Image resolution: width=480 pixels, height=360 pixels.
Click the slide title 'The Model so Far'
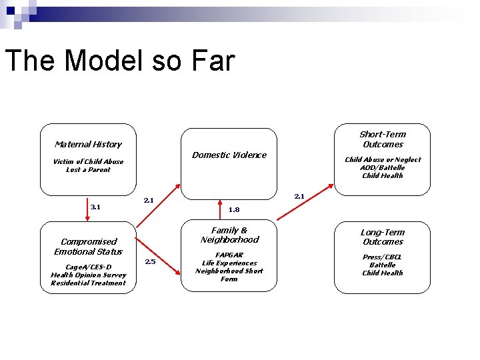[120, 61]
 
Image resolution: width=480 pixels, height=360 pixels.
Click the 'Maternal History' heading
[88, 144]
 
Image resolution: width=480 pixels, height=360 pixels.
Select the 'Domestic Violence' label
[229, 155]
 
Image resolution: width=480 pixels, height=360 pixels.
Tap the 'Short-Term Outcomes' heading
[382, 139]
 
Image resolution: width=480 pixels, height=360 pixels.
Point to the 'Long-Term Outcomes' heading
[382, 237]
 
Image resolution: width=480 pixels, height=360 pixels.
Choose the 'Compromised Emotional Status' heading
[88, 247]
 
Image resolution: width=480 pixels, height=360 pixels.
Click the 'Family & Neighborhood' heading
[229, 235]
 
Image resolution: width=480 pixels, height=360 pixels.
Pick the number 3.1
[95, 207]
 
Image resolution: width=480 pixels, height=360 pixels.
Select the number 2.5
[150, 261]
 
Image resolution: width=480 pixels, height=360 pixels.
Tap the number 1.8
[233, 209]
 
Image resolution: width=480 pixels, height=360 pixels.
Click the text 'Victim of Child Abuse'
[88, 161]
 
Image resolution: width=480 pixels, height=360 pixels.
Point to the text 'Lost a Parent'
[88, 169]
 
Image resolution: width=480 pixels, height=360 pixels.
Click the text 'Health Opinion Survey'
[88, 275]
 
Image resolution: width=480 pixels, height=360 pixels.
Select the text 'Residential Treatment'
[88, 283]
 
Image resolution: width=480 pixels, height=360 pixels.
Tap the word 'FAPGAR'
[229, 255]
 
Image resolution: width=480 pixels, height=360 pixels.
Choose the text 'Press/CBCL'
[382, 257]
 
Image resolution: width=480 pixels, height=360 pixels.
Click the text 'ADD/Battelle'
[382, 167]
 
